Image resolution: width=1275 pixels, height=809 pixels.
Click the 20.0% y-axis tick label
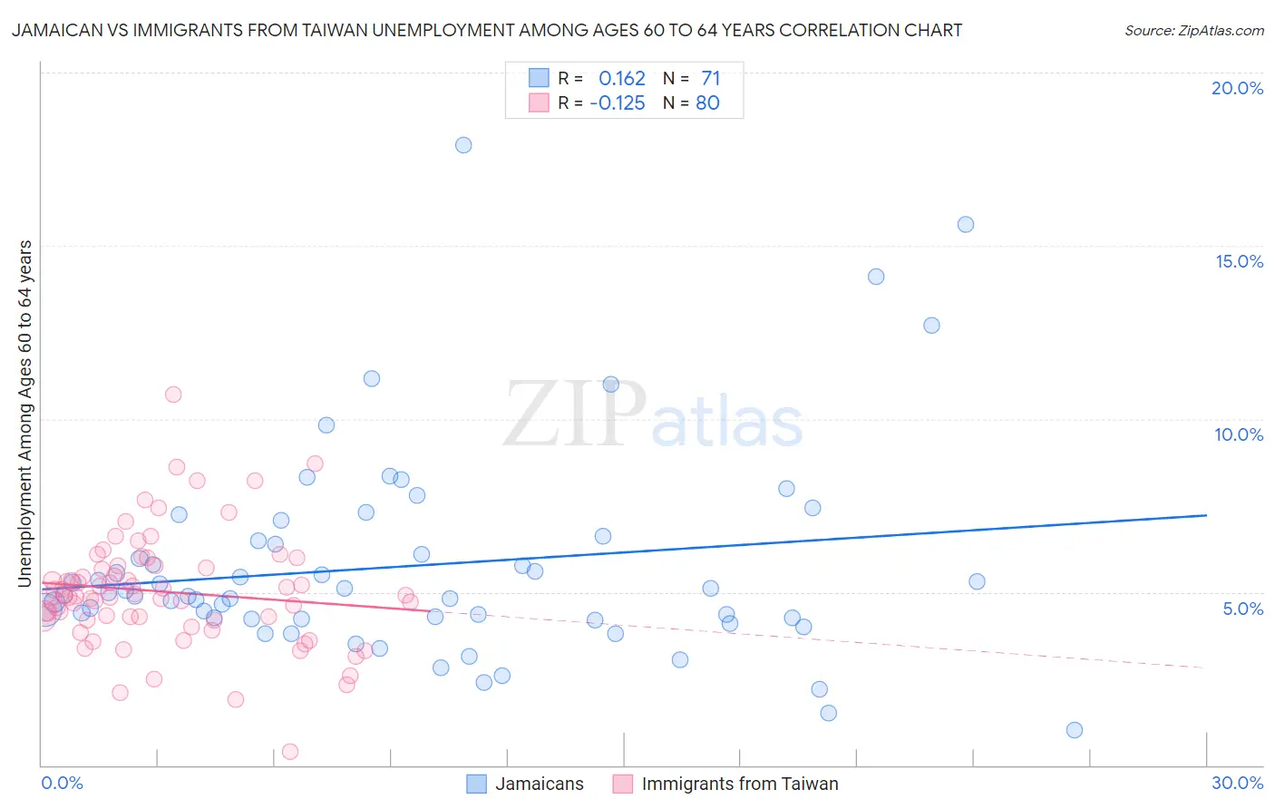(1237, 88)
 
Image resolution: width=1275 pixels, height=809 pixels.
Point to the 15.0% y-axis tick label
(1239, 261)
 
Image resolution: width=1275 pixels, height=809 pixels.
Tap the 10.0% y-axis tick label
(1239, 434)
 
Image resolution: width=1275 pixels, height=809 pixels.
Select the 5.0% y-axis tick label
(1242, 609)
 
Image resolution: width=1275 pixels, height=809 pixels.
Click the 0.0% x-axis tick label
(62, 783)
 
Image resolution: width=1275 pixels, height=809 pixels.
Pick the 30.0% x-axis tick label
(1237, 783)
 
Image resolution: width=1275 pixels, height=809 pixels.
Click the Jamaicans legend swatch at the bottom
(477, 784)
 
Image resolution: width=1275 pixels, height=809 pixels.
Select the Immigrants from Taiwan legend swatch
(623, 784)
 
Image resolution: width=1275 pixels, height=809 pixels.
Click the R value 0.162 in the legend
(621, 79)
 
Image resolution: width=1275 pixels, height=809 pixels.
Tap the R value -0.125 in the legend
(618, 103)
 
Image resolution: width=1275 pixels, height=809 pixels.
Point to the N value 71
(710, 79)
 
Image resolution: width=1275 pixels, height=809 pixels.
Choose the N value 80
(707, 103)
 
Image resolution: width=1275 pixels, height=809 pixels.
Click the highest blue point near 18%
(463, 145)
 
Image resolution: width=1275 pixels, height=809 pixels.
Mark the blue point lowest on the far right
(1075, 730)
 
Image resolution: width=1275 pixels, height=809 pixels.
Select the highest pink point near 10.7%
(173, 395)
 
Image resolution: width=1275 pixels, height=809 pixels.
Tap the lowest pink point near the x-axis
(290, 751)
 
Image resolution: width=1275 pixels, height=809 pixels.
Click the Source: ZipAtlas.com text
(1193, 31)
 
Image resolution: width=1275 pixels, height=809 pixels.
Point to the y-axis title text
(25, 414)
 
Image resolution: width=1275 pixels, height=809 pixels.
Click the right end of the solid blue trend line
(1206, 515)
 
